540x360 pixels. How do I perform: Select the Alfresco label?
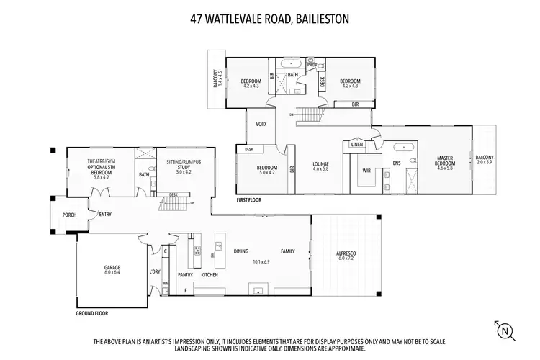coord(346,255)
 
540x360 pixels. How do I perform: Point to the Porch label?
coord(69,215)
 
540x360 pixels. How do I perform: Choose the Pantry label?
coord(186,274)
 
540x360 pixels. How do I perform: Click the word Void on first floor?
coord(261,124)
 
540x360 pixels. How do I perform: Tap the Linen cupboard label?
coord(357,144)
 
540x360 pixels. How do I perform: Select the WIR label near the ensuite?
coord(366,171)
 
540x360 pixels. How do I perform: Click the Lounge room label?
coord(320,165)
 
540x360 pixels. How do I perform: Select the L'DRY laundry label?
coord(154,271)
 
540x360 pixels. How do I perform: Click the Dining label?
coord(240,251)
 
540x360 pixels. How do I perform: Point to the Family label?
coord(288,251)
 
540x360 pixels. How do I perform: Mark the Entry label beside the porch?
coord(106,214)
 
